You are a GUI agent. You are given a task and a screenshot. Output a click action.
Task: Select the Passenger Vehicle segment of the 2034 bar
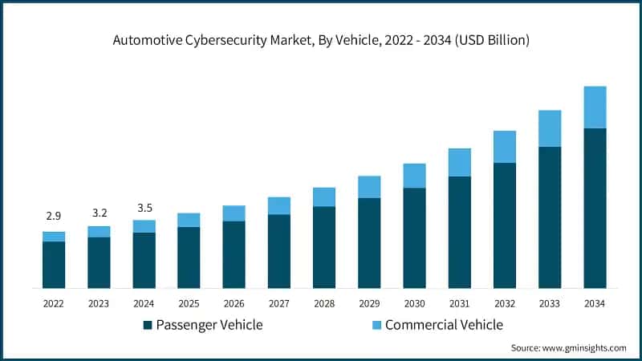pos(595,208)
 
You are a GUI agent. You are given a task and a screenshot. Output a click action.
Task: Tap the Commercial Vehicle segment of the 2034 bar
pos(595,107)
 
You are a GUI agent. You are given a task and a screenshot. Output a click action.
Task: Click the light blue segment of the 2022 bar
pos(54,236)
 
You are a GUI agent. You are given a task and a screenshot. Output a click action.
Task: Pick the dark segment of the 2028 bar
pos(324,247)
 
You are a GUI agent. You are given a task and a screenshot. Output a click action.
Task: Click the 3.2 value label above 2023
pos(99,213)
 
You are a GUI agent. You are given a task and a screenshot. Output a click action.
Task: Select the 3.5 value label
pos(144,206)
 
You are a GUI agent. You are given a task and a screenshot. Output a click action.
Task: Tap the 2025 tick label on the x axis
pos(189,303)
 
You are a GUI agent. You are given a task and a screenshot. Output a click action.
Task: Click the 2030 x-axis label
pos(414,303)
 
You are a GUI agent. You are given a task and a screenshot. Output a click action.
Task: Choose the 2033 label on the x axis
pos(550,303)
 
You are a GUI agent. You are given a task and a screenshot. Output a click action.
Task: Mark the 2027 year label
pos(279,303)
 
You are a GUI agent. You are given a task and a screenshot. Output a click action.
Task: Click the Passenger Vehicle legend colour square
pos(148,325)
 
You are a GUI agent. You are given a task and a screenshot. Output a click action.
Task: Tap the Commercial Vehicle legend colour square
pos(376,325)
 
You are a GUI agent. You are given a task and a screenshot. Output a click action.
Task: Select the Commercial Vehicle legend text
pos(444,325)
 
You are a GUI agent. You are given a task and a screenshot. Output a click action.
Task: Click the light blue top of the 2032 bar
pos(505,147)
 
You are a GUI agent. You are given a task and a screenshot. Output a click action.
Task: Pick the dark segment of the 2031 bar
pos(460,232)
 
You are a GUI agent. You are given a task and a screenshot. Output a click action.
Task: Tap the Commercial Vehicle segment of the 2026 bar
pos(234,213)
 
